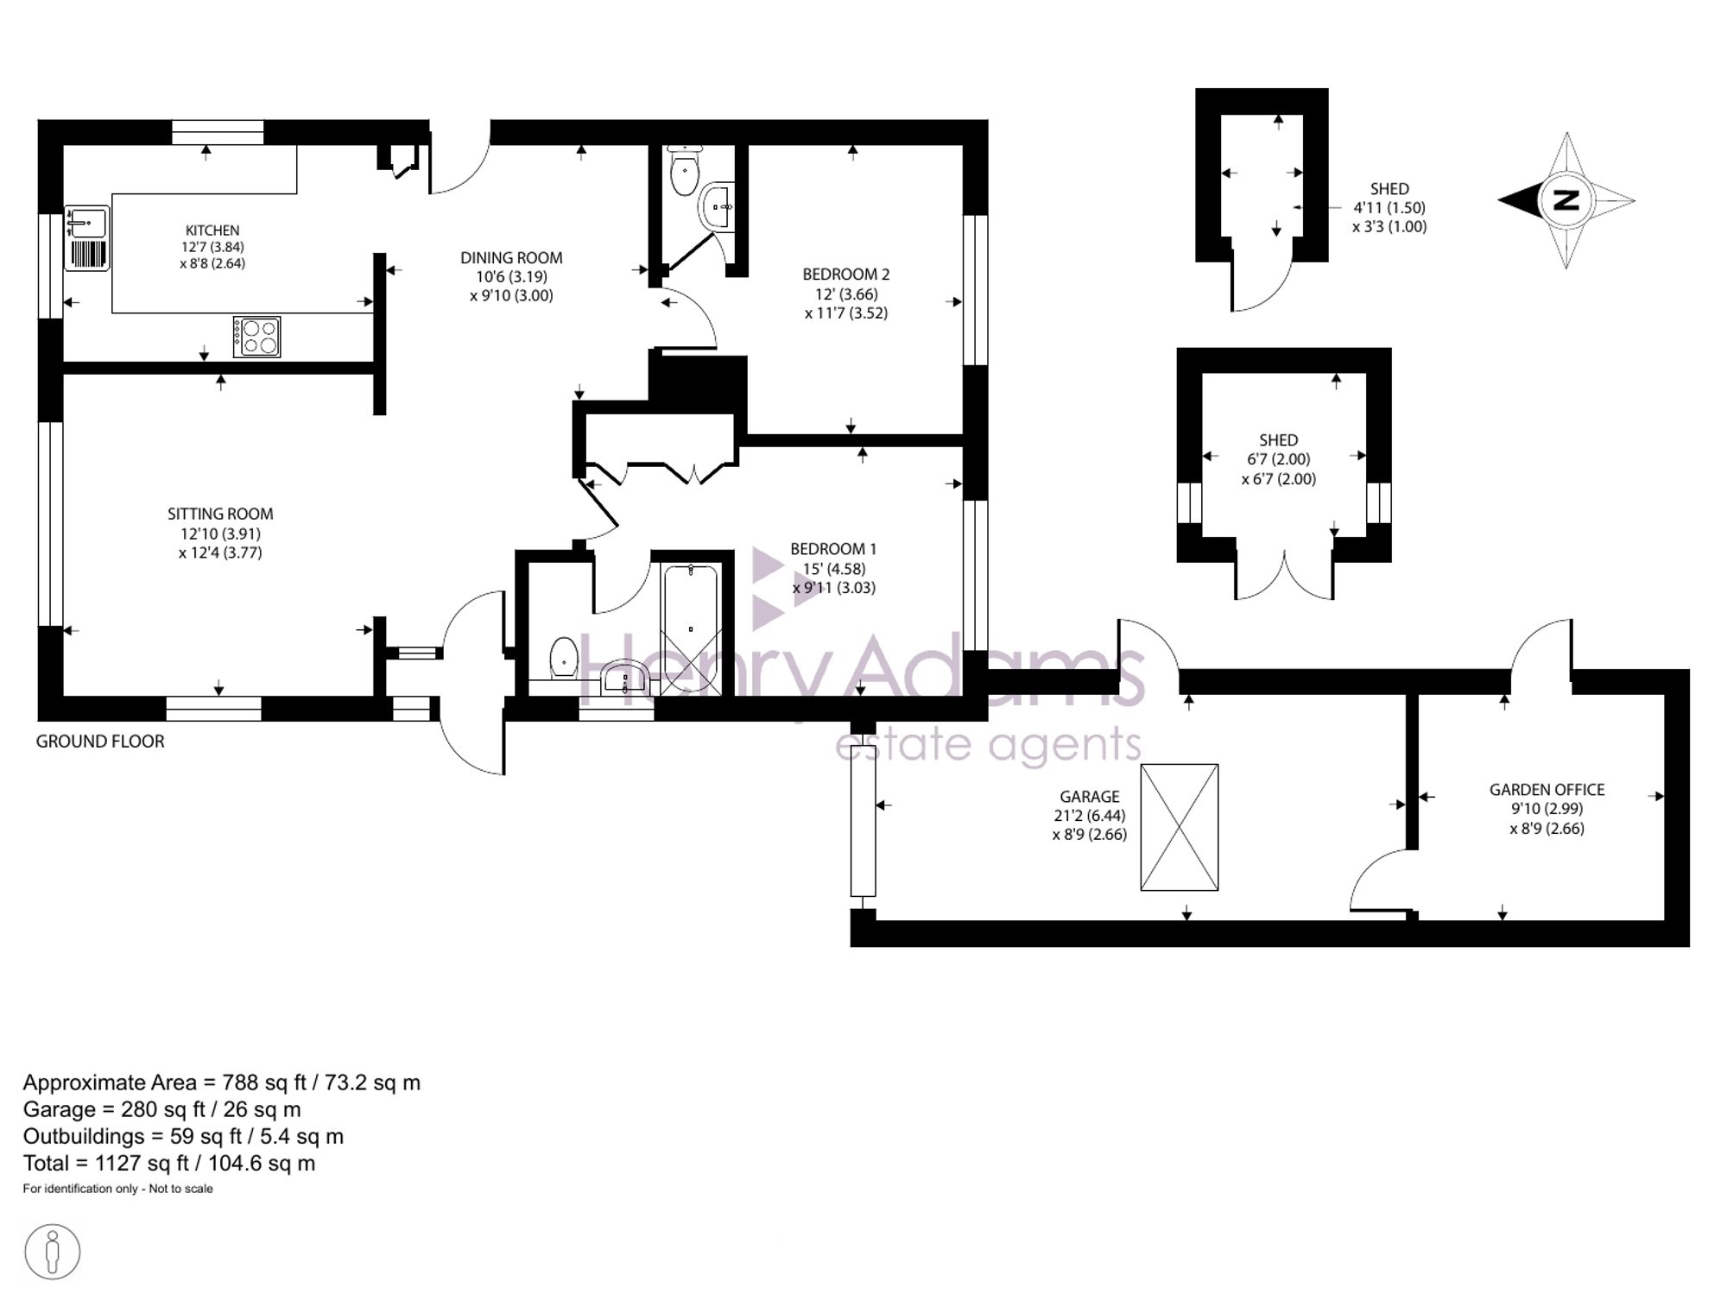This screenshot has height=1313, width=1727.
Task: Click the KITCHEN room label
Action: [x=212, y=230]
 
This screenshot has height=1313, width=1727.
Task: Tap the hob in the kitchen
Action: [x=257, y=337]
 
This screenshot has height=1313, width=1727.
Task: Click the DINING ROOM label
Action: [x=511, y=257]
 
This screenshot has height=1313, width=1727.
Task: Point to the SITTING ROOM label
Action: [x=220, y=514]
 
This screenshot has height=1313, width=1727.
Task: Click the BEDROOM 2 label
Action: [x=845, y=275]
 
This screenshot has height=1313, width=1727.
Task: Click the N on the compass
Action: [x=1566, y=200]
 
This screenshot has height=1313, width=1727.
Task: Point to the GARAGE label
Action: [x=1089, y=797]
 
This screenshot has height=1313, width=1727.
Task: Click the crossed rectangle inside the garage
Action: [x=1179, y=827]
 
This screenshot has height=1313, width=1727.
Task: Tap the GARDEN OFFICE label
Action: [x=1547, y=789]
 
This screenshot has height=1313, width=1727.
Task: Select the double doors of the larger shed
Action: [x=1285, y=576]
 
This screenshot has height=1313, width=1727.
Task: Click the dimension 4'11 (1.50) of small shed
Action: [x=1389, y=208]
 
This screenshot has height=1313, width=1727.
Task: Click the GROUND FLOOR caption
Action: [x=100, y=741]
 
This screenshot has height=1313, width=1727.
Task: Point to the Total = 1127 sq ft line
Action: [x=169, y=1163]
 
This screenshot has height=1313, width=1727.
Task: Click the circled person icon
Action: [x=53, y=1251]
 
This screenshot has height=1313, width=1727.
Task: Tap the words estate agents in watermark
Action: [x=988, y=744]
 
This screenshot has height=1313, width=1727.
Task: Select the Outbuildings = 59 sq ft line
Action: [x=183, y=1136]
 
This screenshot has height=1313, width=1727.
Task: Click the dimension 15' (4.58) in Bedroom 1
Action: [x=833, y=569]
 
